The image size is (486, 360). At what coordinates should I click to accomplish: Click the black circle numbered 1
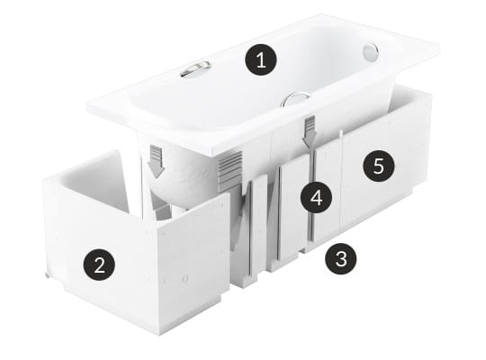261,59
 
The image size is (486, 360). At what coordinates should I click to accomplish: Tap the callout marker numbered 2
99,265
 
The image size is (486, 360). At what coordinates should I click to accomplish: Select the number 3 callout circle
341,259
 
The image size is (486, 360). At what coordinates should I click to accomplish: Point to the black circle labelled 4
317,197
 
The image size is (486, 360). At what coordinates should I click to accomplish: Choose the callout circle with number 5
379,166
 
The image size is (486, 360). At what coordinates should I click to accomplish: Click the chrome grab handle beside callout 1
195,69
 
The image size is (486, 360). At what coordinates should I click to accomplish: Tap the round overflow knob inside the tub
371,52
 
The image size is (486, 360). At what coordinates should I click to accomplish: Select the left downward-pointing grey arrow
156,161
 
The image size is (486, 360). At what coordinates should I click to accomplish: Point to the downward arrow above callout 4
310,131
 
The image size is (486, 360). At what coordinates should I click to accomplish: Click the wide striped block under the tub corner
230,171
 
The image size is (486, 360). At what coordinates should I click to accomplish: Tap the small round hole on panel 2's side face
185,278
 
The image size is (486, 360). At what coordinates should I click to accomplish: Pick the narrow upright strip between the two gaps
259,228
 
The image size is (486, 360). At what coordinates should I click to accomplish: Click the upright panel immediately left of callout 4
293,211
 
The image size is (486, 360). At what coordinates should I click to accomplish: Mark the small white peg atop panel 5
340,133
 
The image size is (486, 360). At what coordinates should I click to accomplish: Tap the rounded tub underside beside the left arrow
183,176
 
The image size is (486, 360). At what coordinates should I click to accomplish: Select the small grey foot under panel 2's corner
47,274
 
